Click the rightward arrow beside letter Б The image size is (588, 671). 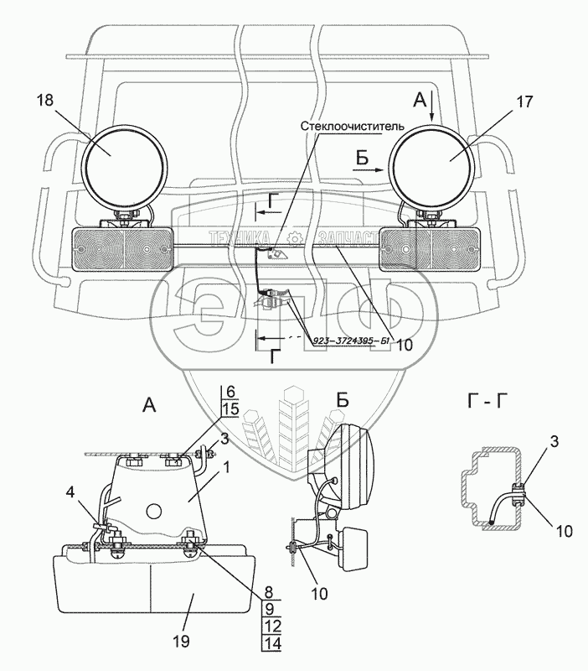371,169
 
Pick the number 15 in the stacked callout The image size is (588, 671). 232,410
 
